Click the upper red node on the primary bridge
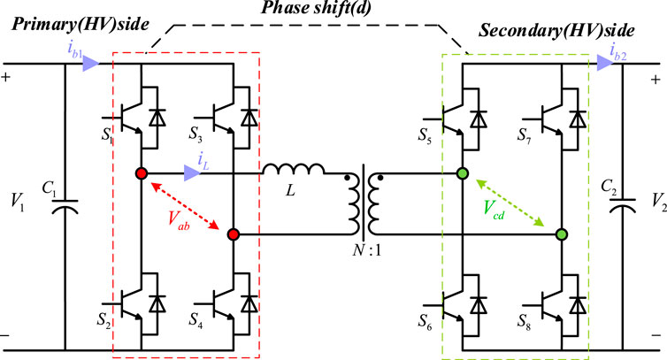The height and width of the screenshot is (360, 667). (x=141, y=173)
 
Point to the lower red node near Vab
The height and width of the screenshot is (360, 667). (x=233, y=234)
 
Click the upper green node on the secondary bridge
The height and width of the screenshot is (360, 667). (x=461, y=173)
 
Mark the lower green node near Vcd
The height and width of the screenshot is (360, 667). (x=560, y=234)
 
